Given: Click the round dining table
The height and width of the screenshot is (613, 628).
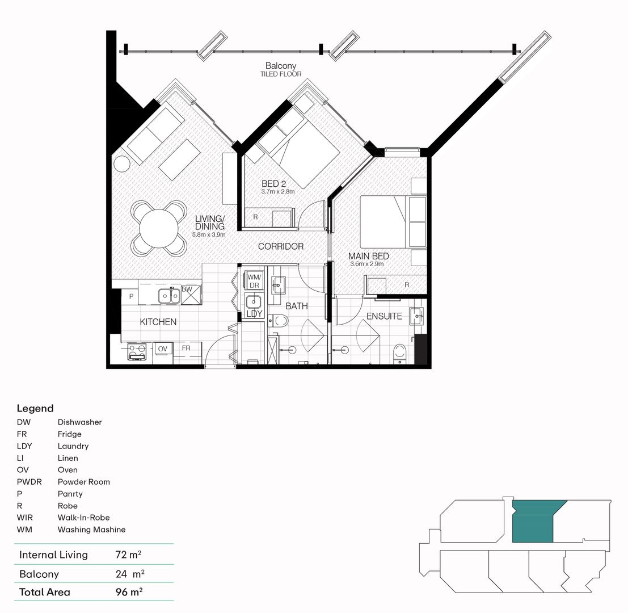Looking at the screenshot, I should (x=159, y=227).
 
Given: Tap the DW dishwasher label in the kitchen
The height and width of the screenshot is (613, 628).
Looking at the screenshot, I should (x=187, y=289).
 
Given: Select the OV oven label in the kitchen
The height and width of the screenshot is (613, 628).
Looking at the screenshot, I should (x=162, y=349).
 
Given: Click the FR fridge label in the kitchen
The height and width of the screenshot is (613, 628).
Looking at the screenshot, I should (x=186, y=348).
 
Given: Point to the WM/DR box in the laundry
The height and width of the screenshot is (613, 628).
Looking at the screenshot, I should (x=254, y=280).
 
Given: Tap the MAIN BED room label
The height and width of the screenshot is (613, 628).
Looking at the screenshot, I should (x=369, y=257).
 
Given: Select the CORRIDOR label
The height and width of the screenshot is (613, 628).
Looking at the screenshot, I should (x=281, y=246).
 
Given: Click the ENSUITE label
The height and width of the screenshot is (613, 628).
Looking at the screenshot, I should (x=384, y=316).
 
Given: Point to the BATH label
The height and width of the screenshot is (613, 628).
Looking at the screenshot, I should (x=297, y=306).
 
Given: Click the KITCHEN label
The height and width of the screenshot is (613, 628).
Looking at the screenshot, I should (x=158, y=322).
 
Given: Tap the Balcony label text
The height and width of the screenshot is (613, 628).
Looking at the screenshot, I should (x=281, y=66).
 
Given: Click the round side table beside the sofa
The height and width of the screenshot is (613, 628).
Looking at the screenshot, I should (x=122, y=164).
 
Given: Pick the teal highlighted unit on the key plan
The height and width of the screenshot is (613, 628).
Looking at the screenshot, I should (x=533, y=522).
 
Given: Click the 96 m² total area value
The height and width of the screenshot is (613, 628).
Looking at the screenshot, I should (x=128, y=592).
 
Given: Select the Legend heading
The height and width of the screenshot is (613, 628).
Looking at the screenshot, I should (x=35, y=408).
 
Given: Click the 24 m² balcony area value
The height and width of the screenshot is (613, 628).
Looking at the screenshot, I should (x=129, y=574).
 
